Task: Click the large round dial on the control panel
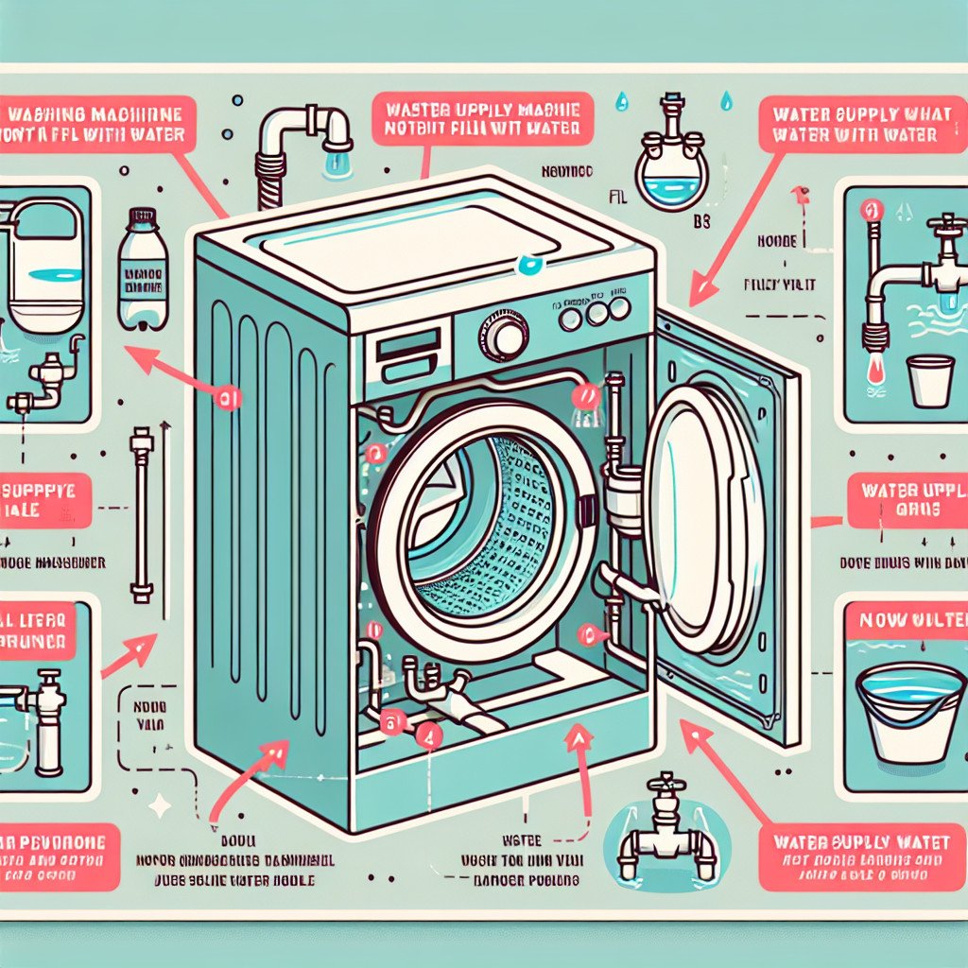(x=510, y=336)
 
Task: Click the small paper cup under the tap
(x=929, y=380)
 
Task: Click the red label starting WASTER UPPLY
(x=482, y=117)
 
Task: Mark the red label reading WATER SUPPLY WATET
(x=862, y=840)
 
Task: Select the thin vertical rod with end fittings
(x=142, y=515)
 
